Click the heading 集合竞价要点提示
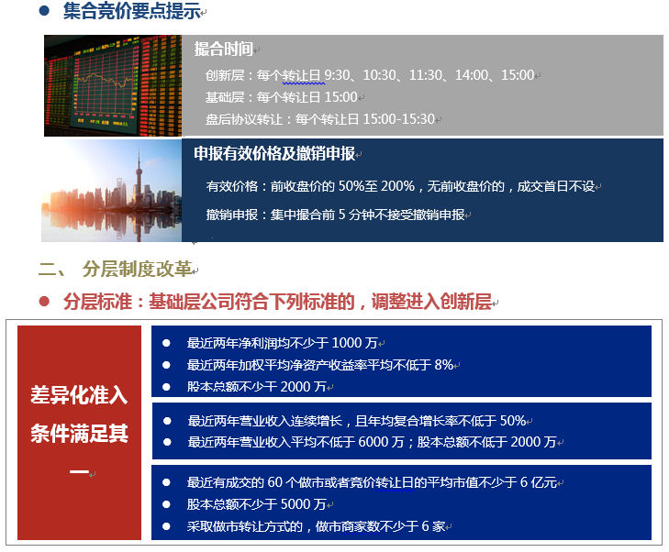pyautogui.click(x=132, y=11)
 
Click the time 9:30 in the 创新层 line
pyautogui.click(x=337, y=75)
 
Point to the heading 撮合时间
pyautogui.click(x=224, y=49)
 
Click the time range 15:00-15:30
pyautogui.click(x=398, y=119)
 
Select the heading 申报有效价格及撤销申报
pyautogui.click(x=274, y=153)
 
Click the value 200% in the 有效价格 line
pyautogui.click(x=397, y=186)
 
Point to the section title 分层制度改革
pyautogui.click(x=137, y=269)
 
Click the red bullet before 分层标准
pyautogui.click(x=44, y=302)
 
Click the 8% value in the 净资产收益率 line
pyautogui.click(x=444, y=365)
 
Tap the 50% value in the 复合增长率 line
pyautogui.click(x=513, y=421)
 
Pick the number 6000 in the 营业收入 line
pyautogui.click(x=374, y=442)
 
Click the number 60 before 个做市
pyautogui.click(x=274, y=482)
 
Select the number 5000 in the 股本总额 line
pyautogui.click(x=295, y=504)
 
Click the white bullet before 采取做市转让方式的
pyautogui.click(x=166, y=526)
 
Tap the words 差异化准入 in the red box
pyautogui.click(x=79, y=395)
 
